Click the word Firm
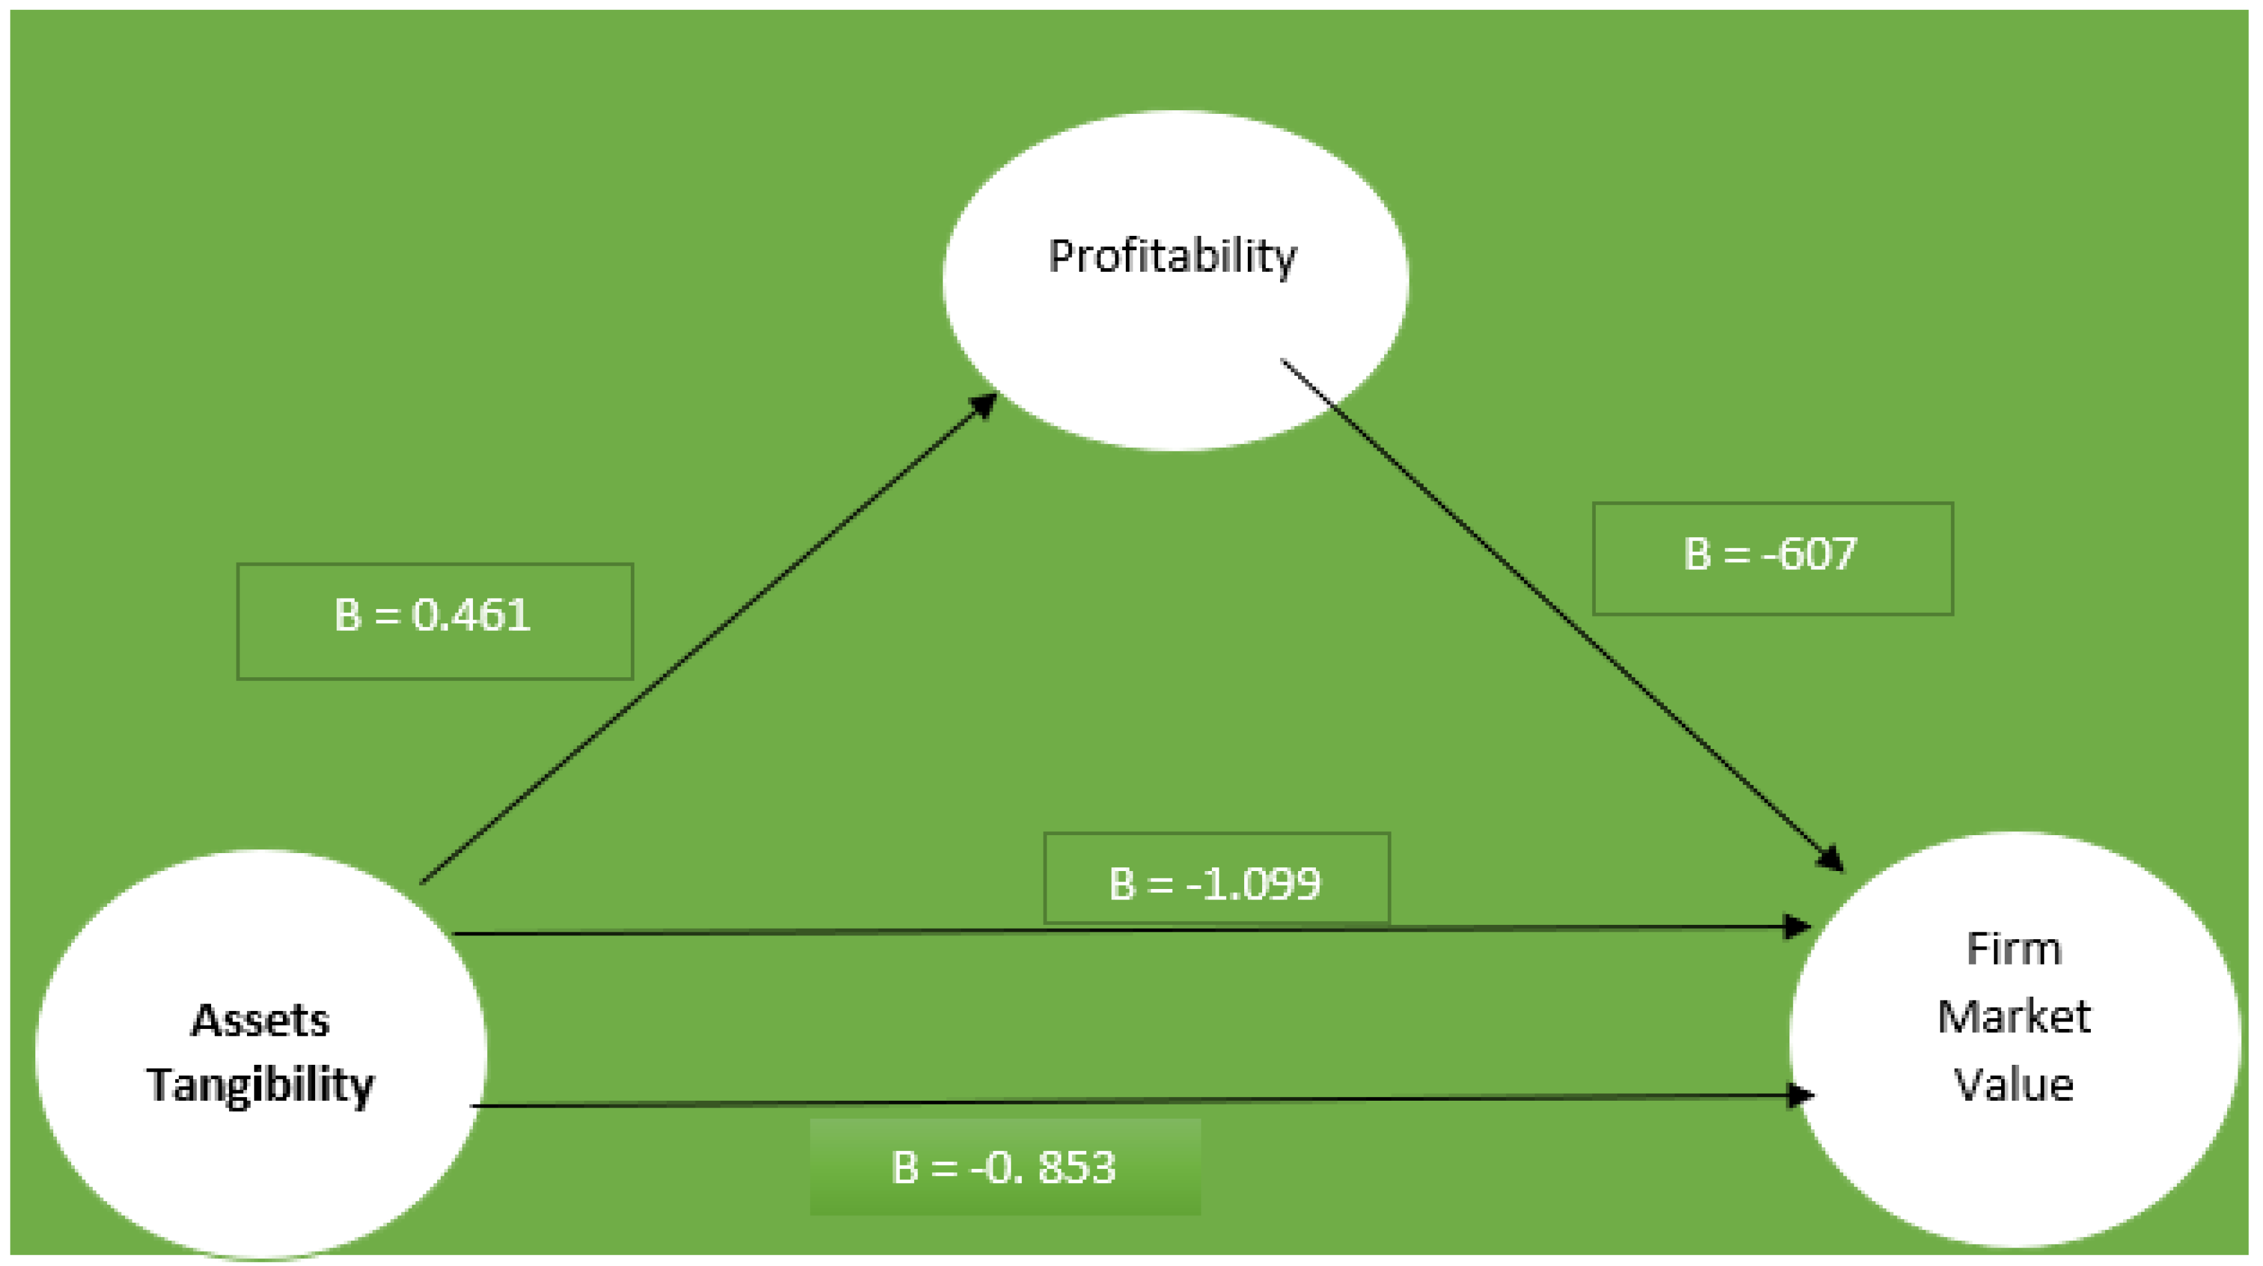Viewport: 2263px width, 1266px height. (x=2014, y=949)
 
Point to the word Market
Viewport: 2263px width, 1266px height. (x=2014, y=1017)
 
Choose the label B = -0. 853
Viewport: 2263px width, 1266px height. (x=1003, y=1168)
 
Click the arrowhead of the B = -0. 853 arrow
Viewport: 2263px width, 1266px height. (x=1801, y=1095)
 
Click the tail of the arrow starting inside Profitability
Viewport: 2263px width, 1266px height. (x=1284, y=361)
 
